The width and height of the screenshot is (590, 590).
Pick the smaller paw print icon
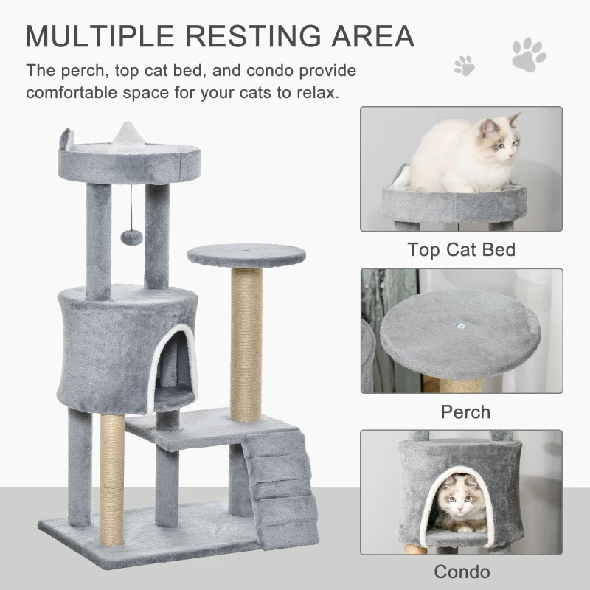pyautogui.click(x=465, y=65)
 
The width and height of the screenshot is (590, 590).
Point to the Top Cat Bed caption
pyautogui.click(x=461, y=249)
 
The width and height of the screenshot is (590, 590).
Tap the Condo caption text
pyautogui.click(x=462, y=571)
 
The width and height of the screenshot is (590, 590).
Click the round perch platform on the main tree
pyautogui.click(x=246, y=256)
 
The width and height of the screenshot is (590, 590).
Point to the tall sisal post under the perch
pyautogui.click(x=246, y=343)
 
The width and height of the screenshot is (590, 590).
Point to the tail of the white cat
pyautogui.click(x=400, y=175)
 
